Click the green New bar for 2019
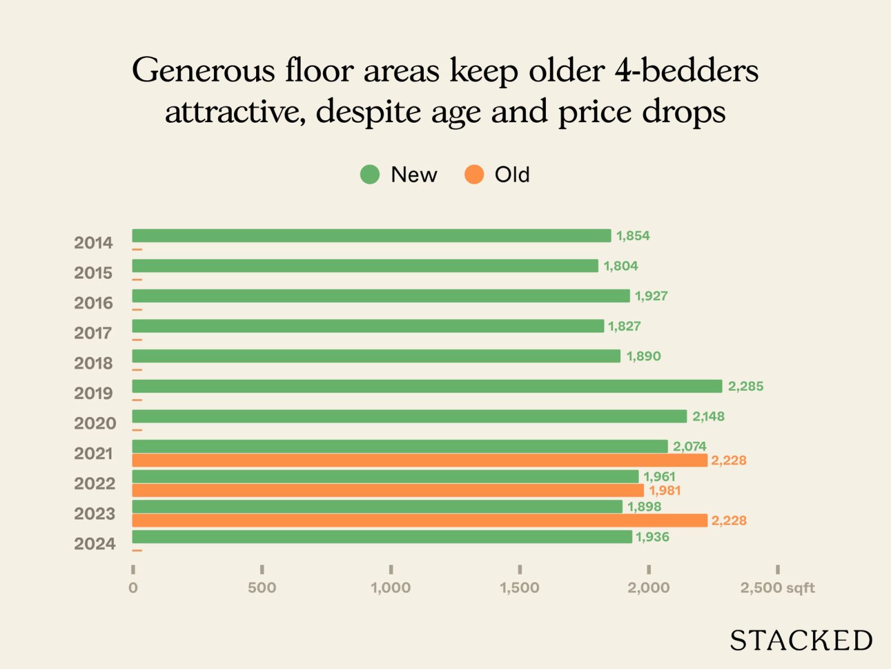click(427, 386)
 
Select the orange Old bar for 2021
click(419, 460)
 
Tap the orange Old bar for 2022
click(388, 491)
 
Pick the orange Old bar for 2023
click(419, 521)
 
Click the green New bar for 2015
click(365, 266)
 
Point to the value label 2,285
click(746, 386)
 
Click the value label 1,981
click(665, 491)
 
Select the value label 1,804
click(621, 266)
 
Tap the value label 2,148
click(708, 416)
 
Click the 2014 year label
click(94, 243)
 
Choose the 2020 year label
click(95, 424)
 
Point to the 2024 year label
click(95, 544)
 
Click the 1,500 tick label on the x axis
click(520, 588)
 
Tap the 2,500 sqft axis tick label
click(777, 588)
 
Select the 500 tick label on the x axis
click(262, 588)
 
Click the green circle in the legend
click(370, 174)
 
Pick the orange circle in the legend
click(474, 174)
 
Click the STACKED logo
click(801, 641)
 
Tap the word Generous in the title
click(204, 71)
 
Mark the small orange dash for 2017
click(137, 340)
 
